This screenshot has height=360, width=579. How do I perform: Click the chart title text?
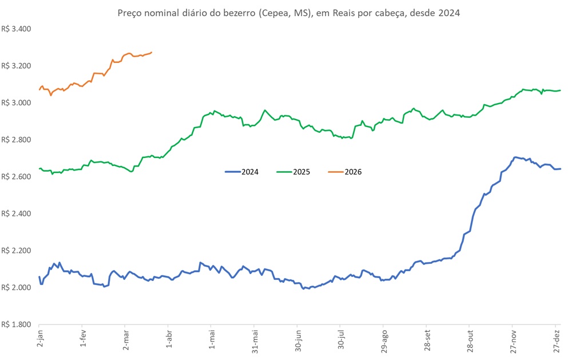pyautogui.click(x=288, y=13)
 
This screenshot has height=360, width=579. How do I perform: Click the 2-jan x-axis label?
pyautogui.click(x=40, y=341)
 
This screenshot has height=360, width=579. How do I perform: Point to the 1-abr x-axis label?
pyautogui.click(x=169, y=341)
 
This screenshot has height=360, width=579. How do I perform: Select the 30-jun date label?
pyautogui.click(x=298, y=342)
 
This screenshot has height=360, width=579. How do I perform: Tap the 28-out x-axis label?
pyautogui.click(x=470, y=342)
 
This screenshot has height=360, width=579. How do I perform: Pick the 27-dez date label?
pyautogui.click(x=556, y=342)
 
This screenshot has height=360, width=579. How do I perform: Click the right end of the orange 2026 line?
pyautogui.click(x=151, y=53)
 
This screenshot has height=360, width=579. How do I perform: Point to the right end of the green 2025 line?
pyautogui.click(x=560, y=90)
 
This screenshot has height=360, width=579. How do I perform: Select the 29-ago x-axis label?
pyautogui.click(x=384, y=342)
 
